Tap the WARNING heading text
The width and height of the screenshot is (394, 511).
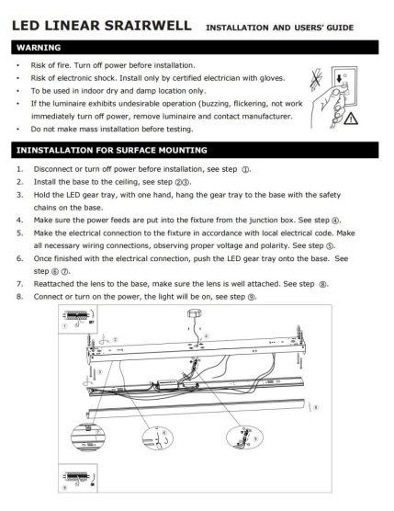click(x=39, y=48)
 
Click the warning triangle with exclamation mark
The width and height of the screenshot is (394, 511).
click(x=351, y=119)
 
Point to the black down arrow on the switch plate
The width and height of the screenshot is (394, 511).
click(x=339, y=78)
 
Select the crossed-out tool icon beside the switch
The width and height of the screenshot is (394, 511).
click(x=316, y=79)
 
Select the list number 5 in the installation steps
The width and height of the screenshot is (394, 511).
click(x=20, y=233)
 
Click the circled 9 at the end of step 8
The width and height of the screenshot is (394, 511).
click(x=252, y=297)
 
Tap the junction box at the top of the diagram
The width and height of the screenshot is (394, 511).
click(x=195, y=313)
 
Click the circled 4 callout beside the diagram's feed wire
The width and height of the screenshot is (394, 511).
click(x=206, y=336)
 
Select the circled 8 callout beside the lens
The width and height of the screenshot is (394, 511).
click(x=316, y=407)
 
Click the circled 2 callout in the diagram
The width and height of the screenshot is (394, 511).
click(x=116, y=339)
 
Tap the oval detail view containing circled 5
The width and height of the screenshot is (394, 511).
click(x=244, y=437)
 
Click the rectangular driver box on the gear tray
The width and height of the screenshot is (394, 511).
click(x=167, y=383)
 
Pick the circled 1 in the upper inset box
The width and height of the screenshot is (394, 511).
click(x=64, y=326)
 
